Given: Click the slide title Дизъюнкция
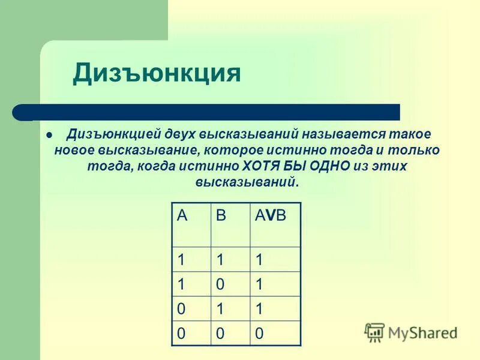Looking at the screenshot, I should click(x=157, y=73).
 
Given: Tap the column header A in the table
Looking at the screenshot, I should click(x=182, y=216).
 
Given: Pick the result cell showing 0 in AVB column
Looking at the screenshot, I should click(x=259, y=334).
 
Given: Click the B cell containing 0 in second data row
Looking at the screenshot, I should click(x=221, y=284).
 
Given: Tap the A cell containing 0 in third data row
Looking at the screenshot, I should click(x=181, y=309).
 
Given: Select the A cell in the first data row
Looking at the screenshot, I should click(x=181, y=259).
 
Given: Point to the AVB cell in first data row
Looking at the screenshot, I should click(x=259, y=259).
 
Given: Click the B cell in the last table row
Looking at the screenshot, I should click(x=221, y=334).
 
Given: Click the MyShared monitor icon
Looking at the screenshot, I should click(x=374, y=331).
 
